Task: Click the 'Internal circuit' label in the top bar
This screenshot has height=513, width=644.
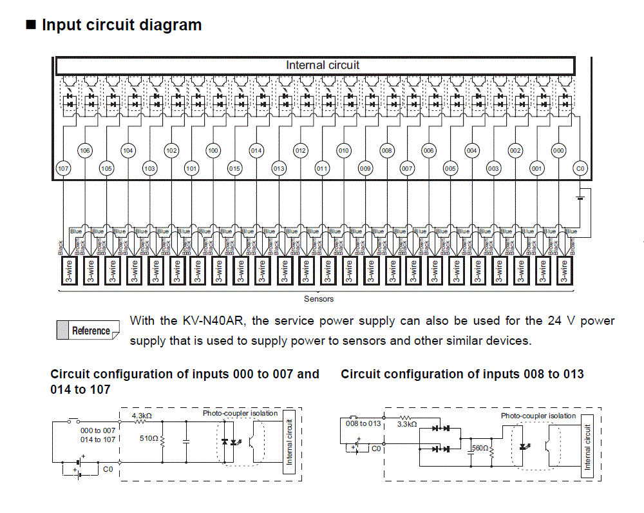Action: click(x=323, y=65)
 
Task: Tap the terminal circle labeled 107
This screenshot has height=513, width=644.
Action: click(x=63, y=169)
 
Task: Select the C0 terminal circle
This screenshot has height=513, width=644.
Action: click(x=580, y=169)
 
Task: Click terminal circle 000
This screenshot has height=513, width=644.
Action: click(x=558, y=151)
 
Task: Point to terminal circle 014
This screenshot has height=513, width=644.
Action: click(x=256, y=151)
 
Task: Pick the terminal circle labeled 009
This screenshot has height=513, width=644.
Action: click(x=365, y=169)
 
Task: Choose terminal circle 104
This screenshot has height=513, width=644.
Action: click(x=128, y=151)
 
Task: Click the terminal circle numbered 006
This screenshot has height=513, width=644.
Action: click(x=429, y=151)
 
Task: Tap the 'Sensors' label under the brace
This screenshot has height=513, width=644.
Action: click(x=319, y=299)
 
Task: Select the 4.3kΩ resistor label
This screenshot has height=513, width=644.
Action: click(x=142, y=416)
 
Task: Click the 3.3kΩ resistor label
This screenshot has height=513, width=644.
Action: click(x=407, y=424)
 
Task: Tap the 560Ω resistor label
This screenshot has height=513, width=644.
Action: click(x=480, y=448)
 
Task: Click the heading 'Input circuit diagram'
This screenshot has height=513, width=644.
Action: click(x=122, y=25)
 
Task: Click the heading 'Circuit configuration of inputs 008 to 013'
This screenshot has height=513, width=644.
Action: click(x=462, y=374)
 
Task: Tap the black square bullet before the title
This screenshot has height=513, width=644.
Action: click(x=30, y=26)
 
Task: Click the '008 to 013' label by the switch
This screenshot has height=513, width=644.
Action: click(x=364, y=423)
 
